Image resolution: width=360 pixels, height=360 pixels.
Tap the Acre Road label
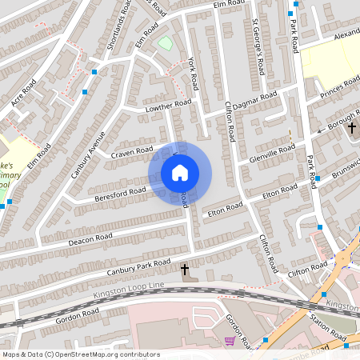pos(24,97)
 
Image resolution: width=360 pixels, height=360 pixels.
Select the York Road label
pos(193,73)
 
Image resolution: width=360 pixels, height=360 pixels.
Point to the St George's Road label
pos(258,43)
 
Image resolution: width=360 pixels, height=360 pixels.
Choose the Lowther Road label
pos(167,106)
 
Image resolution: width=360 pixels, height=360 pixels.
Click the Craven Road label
pos(132,151)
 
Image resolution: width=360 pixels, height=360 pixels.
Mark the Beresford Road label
pos(120,192)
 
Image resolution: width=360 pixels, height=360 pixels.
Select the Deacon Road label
pos(90,238)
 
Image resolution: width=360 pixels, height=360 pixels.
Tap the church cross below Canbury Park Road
pos(186,270)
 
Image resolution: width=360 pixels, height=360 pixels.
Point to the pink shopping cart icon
pos(230,341)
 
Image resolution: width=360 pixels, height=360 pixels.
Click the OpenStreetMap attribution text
pos(81,354)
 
